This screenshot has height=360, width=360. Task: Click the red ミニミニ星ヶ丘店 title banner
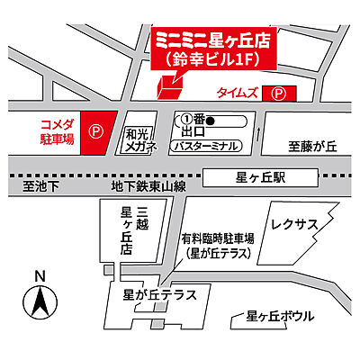click(213, 49)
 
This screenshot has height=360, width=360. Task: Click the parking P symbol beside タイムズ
click(280, 93)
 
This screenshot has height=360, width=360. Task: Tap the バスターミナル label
click(204, 145)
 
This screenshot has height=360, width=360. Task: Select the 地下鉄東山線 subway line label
click(148, 186)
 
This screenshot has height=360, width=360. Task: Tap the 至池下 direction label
click(40, 186)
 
